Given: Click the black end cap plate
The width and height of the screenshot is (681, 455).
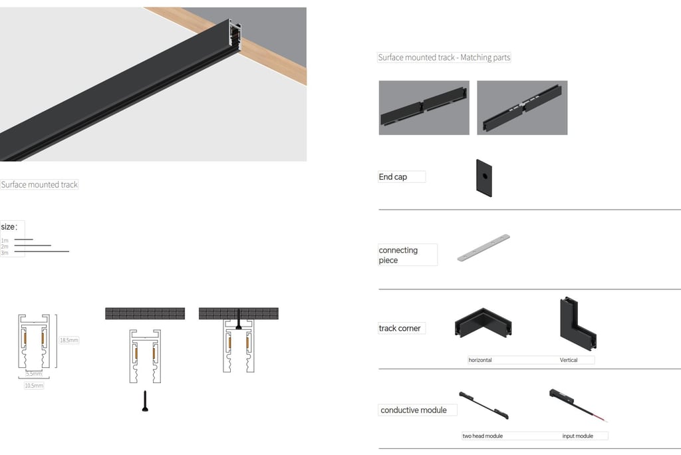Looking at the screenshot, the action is (484, 178).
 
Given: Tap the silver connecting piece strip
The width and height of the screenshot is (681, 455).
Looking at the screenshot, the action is (483, 248).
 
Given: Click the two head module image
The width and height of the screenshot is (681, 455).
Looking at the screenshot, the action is (484, 405).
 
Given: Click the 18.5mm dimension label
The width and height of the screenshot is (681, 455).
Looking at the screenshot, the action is (69, 341).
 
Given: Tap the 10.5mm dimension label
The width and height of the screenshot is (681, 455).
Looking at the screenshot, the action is (34, 385).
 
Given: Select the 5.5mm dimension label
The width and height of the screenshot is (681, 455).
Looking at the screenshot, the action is (34, 373).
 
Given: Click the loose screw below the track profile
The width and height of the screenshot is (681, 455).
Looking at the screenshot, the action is (145, 400).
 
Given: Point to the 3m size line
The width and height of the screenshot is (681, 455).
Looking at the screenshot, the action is (42, 251).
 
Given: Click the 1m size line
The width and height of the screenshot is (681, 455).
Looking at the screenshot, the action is (23, 239).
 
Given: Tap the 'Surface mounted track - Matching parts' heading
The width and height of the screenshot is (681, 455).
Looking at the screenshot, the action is (444, 57).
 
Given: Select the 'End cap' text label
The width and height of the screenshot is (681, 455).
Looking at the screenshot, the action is (392, 177).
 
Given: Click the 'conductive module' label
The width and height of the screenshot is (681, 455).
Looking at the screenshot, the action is (414, 410).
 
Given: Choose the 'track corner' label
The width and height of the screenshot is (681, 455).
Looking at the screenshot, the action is (400, 329).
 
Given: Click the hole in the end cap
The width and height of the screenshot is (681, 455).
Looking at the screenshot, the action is (485, 176).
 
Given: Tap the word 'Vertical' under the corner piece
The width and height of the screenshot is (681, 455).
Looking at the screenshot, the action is (569, 361).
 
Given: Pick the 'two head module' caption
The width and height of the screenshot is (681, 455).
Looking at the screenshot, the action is (483, 436).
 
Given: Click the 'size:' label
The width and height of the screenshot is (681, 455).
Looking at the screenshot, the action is (9, 227).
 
